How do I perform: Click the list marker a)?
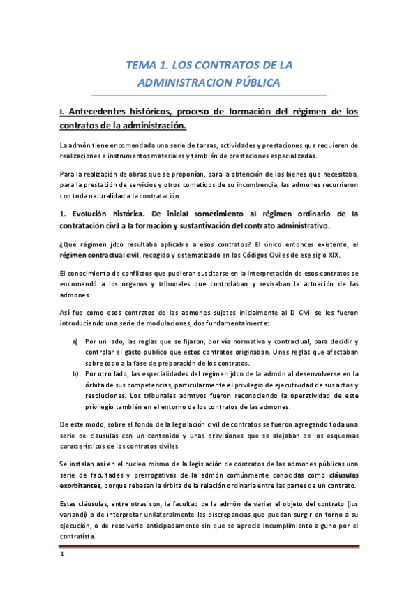pyautogui.click(x=74, y=341)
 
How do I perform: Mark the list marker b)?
pyautogui.click(x=74, y=373)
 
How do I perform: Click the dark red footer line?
pyautogui.click(x=209, y=547)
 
